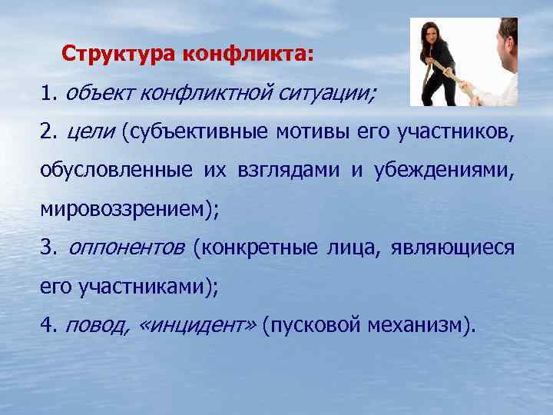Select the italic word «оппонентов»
(127, 248)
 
